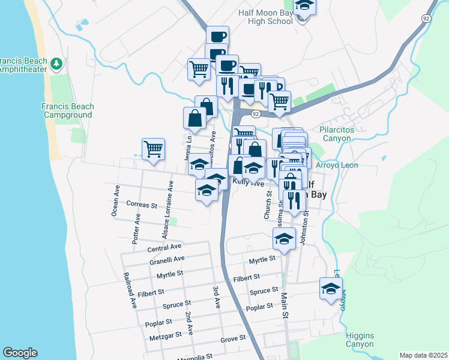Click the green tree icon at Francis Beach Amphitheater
coord(56,62)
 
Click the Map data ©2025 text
coord(423,355)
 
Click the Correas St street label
coord(142,205)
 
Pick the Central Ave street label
coord(164,247)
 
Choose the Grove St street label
coord(234,338)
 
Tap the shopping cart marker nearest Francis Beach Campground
coord(154,149)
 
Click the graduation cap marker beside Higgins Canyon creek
coord(331,289)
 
